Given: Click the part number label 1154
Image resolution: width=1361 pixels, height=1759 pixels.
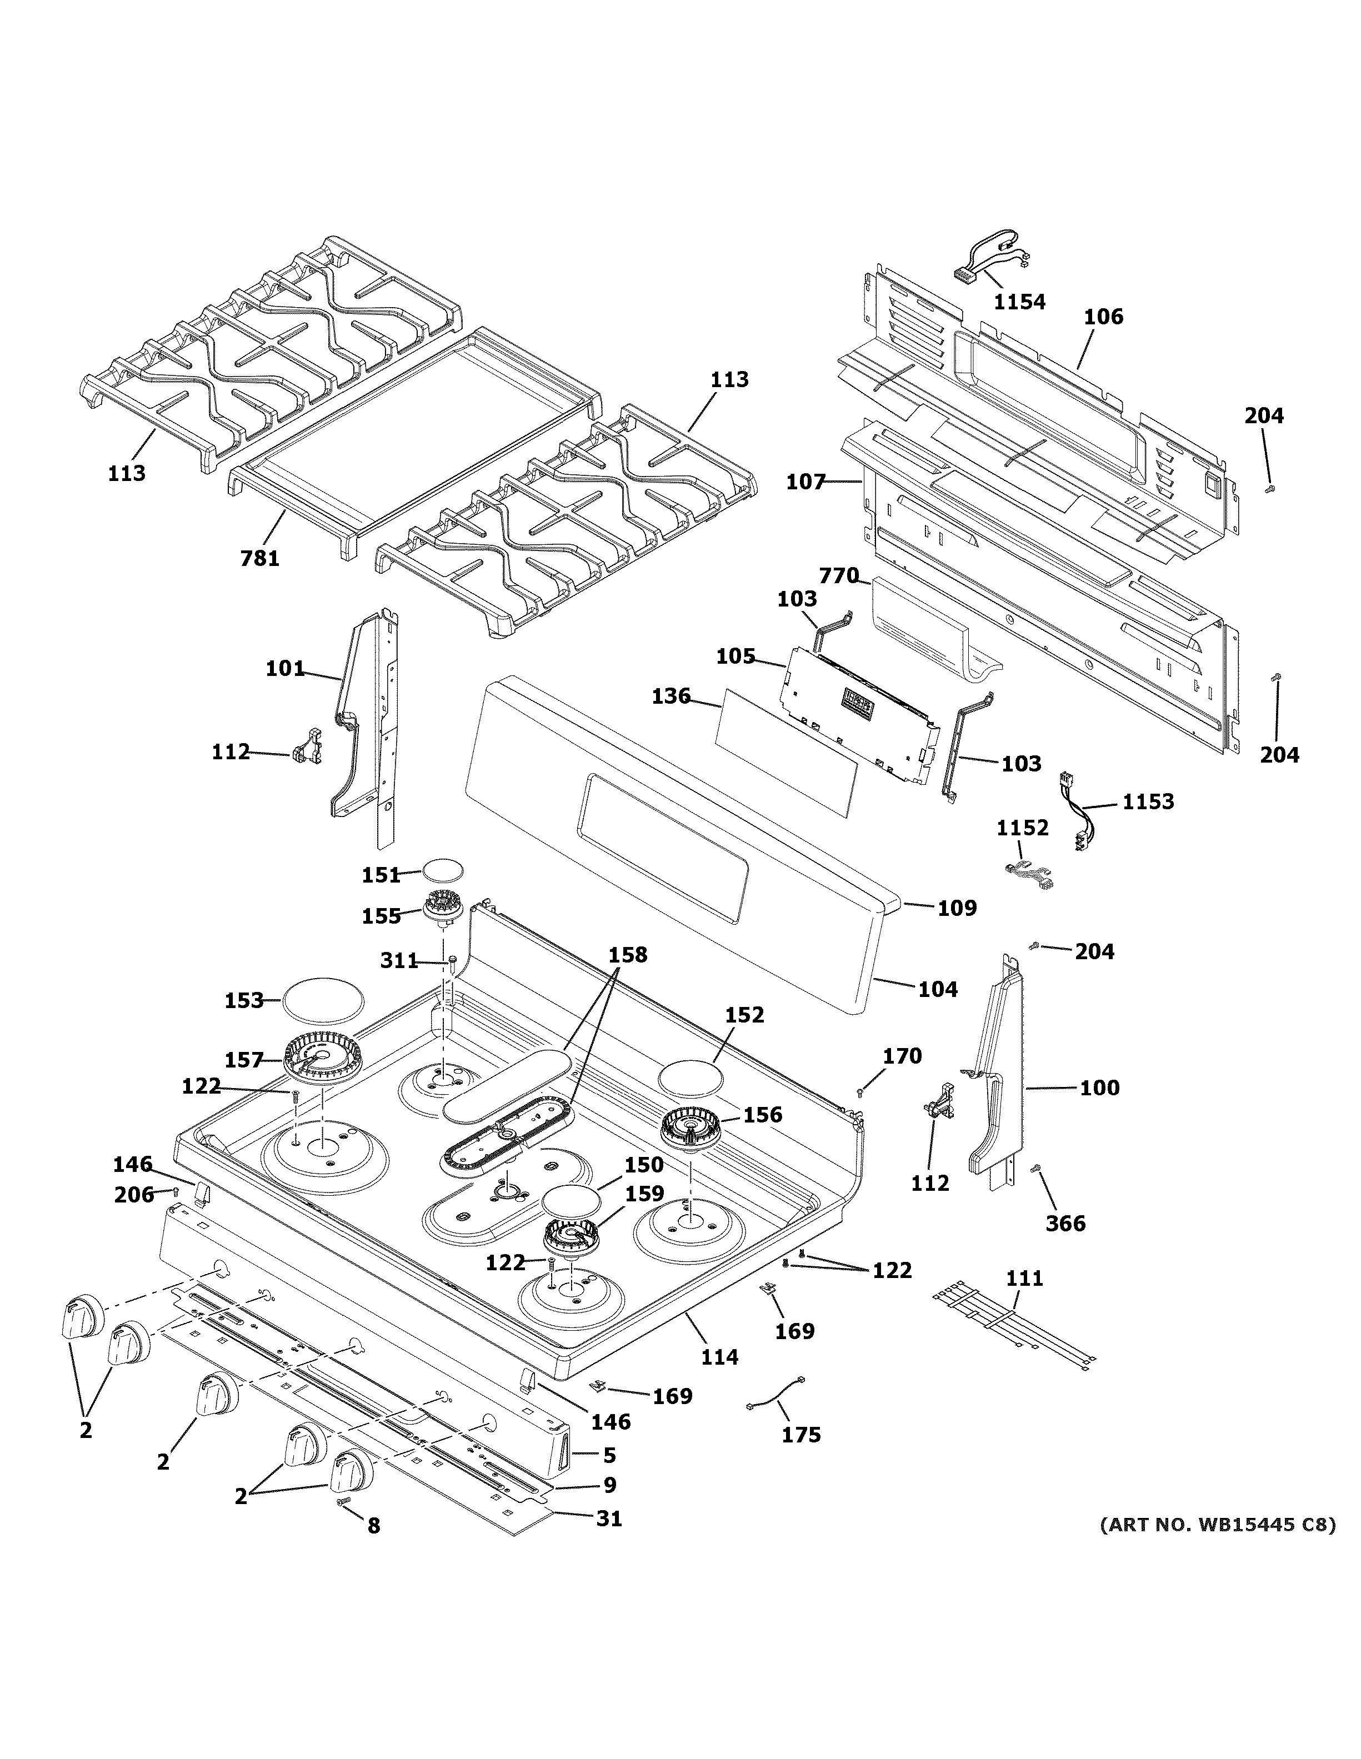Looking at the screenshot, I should pyautogui.click(x=1019, y=302).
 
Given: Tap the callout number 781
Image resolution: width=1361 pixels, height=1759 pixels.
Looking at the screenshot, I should pyautogui.click(x=259, y=557).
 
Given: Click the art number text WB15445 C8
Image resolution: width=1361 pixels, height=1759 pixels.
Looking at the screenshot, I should pyautogui.click(x=1218, y=1524).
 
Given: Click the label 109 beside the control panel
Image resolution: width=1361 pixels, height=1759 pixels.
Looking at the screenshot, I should pyautogui.click(x=957, y=908).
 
